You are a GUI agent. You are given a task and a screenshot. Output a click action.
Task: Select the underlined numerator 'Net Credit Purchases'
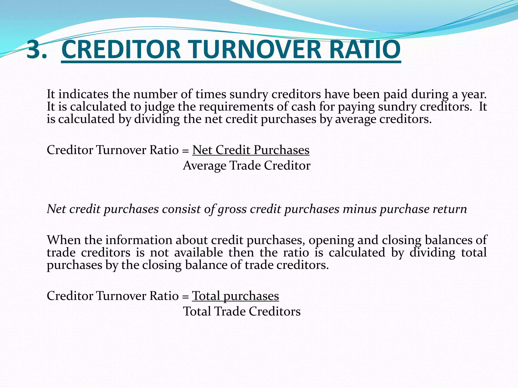pos(251,150)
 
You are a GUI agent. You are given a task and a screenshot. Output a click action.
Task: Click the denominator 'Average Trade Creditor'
pos(247,166)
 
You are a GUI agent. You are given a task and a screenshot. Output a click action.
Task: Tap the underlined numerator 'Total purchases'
pos(235,296)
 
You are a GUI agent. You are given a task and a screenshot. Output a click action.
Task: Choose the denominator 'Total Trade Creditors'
pos(242,311)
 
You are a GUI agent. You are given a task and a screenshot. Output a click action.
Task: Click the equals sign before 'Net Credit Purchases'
pos(185,151)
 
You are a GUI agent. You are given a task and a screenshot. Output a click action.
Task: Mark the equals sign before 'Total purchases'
pos(185,297)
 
